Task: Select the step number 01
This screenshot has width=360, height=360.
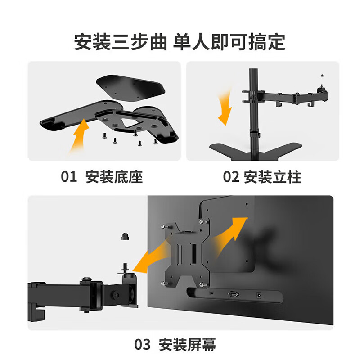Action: pos(70,177)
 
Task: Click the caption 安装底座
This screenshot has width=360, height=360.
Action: pos(114,177)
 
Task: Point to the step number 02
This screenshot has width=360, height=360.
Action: pos(231,177)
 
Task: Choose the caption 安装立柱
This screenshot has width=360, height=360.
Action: pos(272,177)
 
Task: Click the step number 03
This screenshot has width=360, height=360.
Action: pos(143,345)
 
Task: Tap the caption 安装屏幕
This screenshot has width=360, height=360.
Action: pos(187,345)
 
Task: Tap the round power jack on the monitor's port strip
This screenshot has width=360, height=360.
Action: pos(259,295)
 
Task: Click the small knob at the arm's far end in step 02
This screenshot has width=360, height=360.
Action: pos(323,76)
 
